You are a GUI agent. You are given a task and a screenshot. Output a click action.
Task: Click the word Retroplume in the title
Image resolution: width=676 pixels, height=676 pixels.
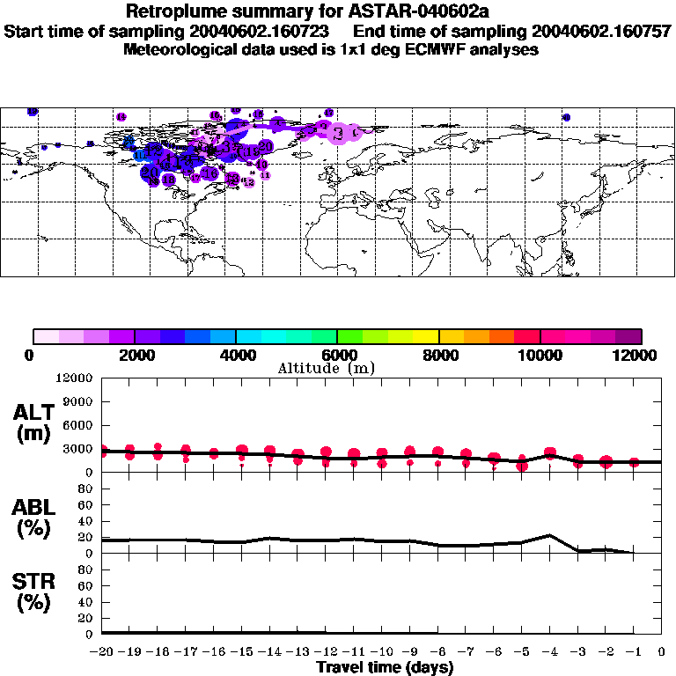tap(172, 11)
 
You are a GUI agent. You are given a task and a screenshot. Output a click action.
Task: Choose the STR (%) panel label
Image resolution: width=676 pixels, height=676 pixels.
tap(33, 591)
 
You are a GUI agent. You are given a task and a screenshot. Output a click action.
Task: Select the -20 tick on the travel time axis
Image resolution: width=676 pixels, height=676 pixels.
tap(102, 651)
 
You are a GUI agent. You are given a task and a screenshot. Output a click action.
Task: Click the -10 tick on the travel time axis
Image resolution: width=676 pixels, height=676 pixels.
tap(381, 651)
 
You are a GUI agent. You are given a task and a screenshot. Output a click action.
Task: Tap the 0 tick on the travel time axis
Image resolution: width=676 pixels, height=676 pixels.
tap(661, 651)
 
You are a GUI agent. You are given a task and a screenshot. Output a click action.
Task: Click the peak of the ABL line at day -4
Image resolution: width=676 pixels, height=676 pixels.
tap(549, 535)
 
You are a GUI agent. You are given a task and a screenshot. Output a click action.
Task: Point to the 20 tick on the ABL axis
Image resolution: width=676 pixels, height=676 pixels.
tap(89, 537)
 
